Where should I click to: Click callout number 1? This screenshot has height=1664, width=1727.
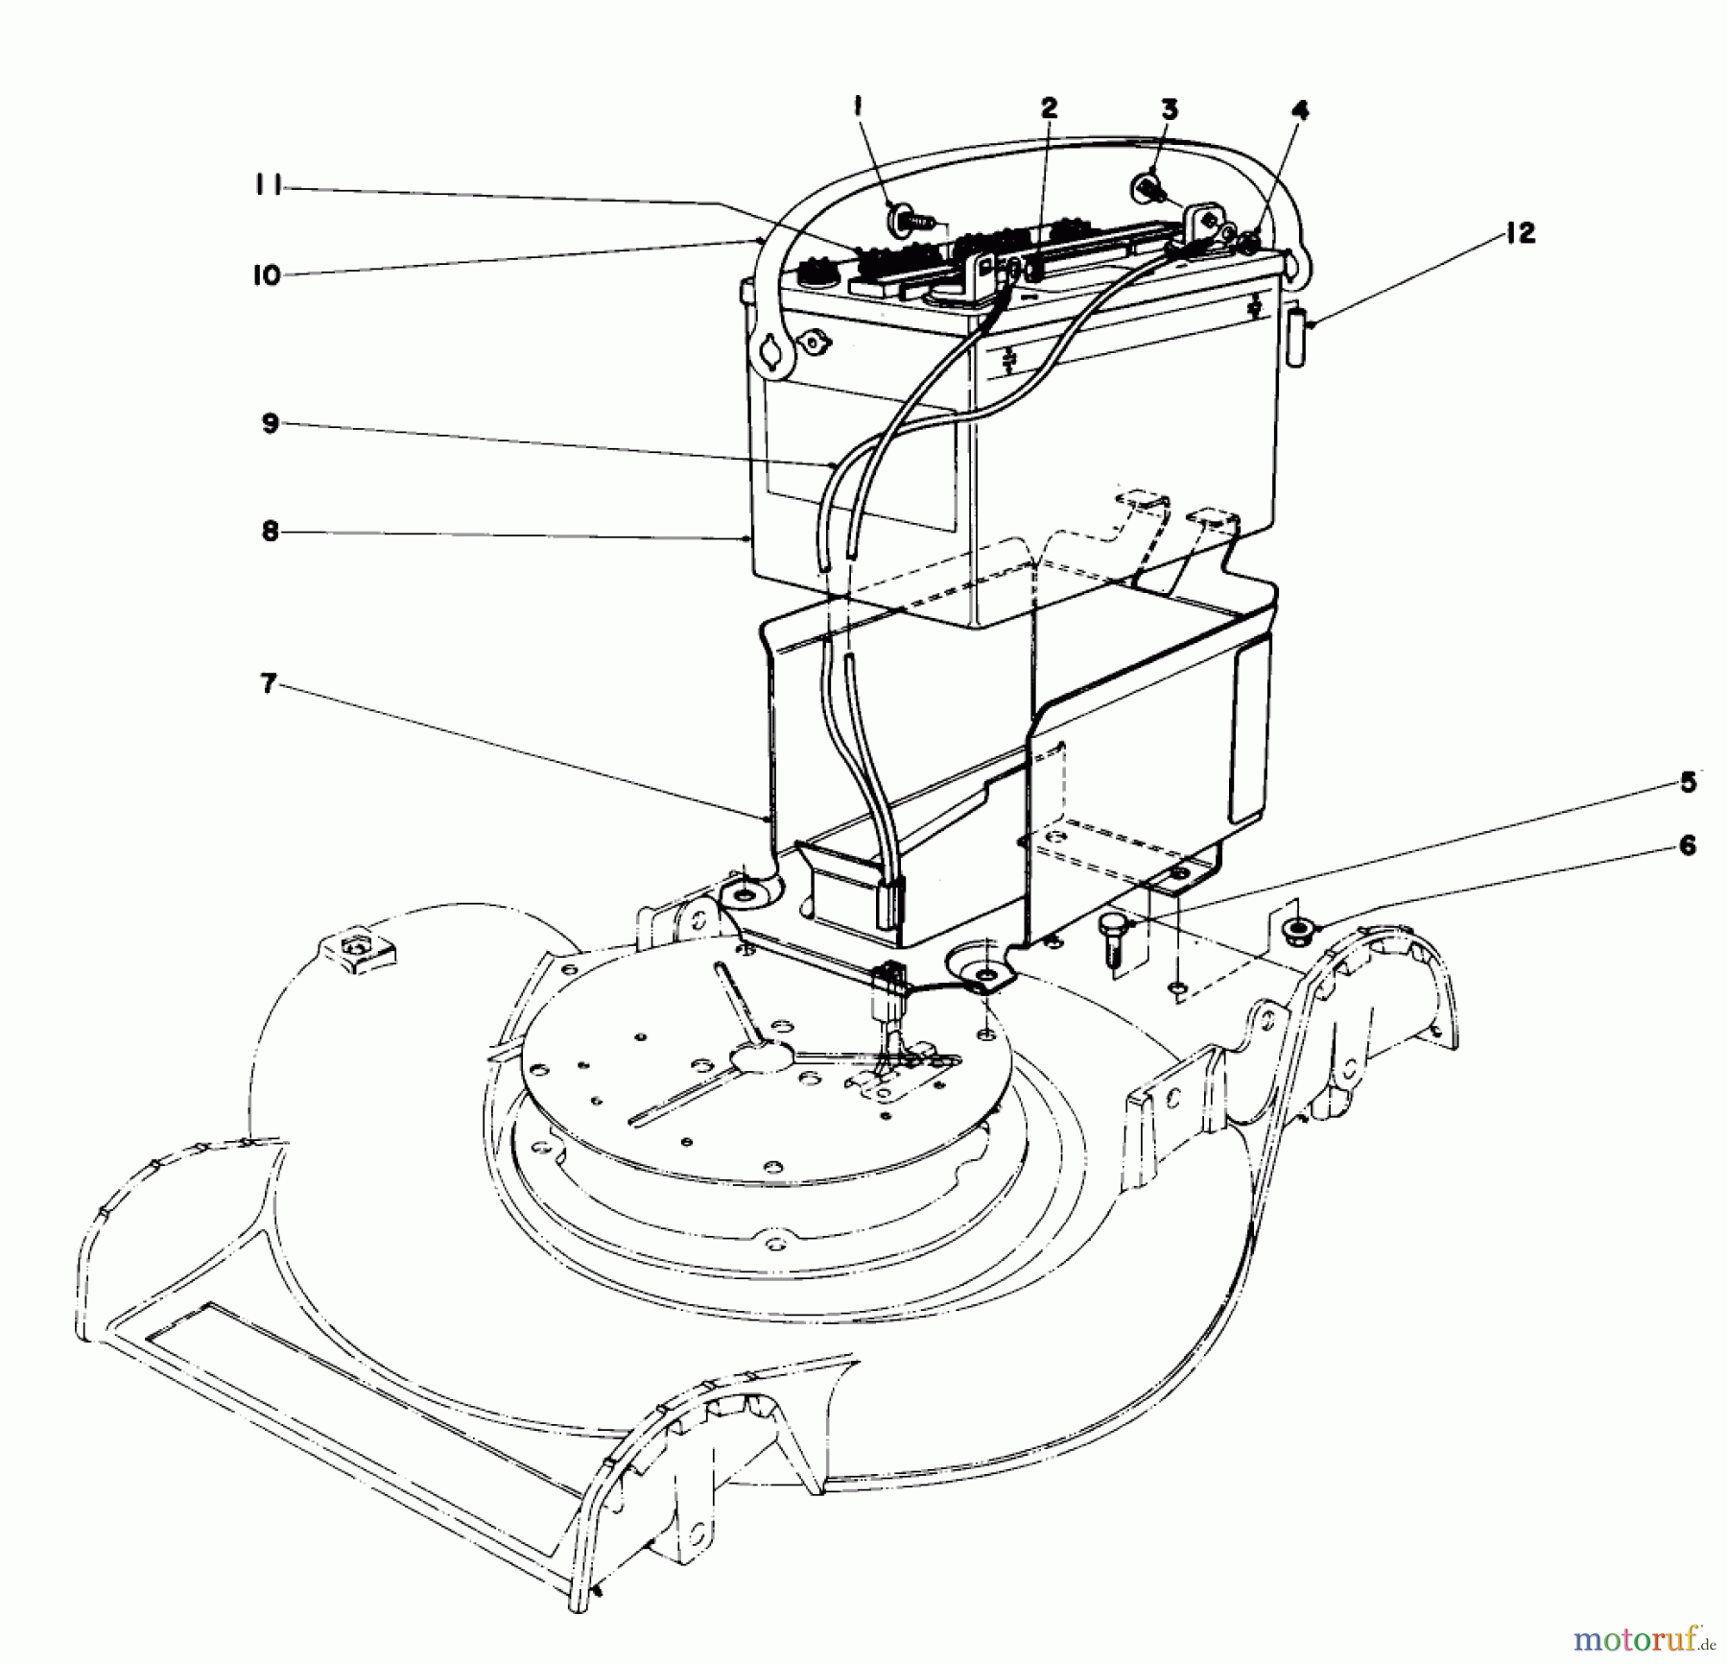[x=859, y=108]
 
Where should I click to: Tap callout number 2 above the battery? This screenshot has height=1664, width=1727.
[x=1049, y=108]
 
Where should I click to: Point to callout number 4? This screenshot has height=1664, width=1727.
[x=1300, y=111]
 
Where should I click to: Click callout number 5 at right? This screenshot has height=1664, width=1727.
[x=1688, y=783]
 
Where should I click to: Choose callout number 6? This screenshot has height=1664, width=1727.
[x=1687, y=845]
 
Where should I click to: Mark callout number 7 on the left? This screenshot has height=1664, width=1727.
[x=269, y=684]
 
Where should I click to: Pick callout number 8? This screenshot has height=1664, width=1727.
[x=270, y=531]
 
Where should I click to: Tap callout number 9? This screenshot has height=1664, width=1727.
[x=270, y=423]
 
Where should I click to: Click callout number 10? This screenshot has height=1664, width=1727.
[x=266, y=275]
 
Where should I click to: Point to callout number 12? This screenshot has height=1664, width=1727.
[x=1521, y=233]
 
